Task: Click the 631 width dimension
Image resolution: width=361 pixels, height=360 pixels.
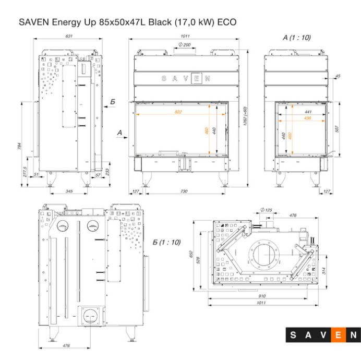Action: (x=69, y=36)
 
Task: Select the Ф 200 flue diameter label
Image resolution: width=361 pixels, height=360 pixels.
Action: (x=185, y=45)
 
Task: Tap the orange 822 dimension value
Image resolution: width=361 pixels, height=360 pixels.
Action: (x=178, y=112)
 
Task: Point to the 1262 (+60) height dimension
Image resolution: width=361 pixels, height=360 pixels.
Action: (x=245, y=116)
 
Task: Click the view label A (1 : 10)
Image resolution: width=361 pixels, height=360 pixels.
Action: (x=296, y=38)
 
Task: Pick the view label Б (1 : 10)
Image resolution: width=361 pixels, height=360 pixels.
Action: (x=167, y=242)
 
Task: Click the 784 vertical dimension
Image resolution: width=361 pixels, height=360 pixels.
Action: (x=20, y=146)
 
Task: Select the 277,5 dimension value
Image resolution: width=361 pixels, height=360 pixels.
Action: (x=25, y=172)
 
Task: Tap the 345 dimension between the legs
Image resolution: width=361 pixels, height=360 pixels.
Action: (x=69, y=191)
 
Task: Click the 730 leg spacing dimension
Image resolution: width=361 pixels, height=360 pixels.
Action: (x=184, y=191)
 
